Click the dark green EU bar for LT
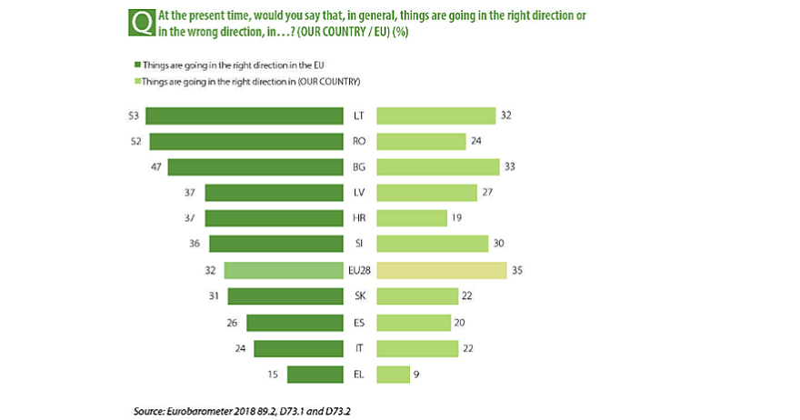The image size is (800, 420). [244, 115]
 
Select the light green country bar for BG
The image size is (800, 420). [438, 166]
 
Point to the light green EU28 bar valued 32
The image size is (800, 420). [283, 270]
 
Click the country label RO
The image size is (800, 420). [359, 141]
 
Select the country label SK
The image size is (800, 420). [359, 296]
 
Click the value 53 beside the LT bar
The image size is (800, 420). [135, 115]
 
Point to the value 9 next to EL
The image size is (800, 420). [416, 374]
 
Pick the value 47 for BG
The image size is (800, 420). [156, 166]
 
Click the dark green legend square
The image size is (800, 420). [137, 65]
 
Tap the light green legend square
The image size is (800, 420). [137, 81]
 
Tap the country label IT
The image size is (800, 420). [359, 348]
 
